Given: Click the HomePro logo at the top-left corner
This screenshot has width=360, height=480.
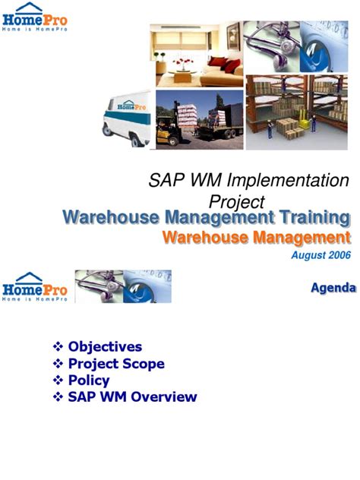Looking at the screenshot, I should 35,22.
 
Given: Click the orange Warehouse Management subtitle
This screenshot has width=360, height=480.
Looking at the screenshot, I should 257,238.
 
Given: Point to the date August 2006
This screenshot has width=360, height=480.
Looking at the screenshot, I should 321,255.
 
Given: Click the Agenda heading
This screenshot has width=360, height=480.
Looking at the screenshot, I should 333,288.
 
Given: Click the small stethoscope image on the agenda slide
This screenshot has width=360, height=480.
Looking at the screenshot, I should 122,286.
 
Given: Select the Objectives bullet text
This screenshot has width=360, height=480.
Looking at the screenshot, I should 105,347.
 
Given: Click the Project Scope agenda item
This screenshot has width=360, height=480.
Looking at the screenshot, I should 116,364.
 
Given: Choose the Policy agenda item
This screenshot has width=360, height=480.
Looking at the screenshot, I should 89,381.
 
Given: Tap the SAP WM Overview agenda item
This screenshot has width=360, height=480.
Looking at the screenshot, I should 132,397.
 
